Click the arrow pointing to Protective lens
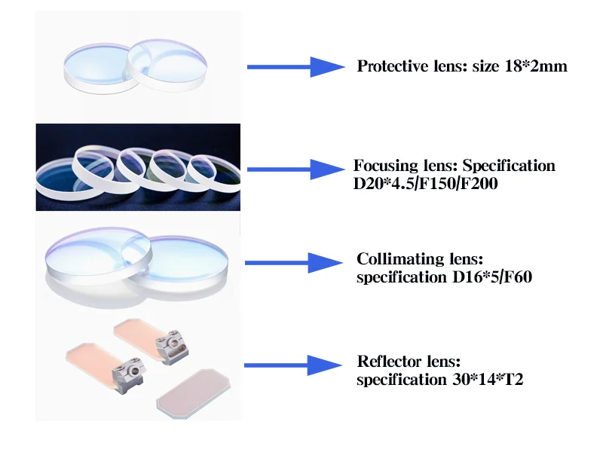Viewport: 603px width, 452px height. (x=295, y=66)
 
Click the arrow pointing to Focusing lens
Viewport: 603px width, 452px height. (x=295, y=170)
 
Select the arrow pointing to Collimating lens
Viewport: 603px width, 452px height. (x=295, y=263)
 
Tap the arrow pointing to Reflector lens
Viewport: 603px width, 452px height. (x=295, y=365)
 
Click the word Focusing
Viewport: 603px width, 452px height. (x=381, y=166)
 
